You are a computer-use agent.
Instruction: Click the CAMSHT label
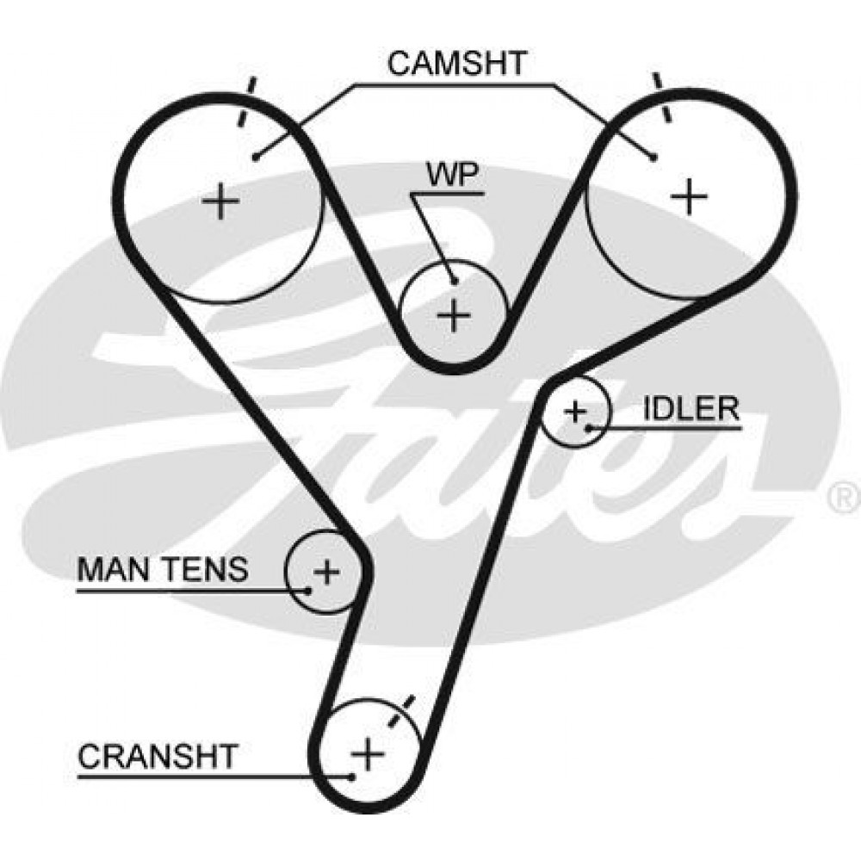click(x=457, y=63)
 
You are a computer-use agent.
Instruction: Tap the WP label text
click(x=454, y=175)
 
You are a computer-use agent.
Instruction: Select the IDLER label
click(x=691, y=408)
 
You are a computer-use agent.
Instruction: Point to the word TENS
click(x=204, y=569)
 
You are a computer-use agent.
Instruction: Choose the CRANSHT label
click(x=158, y=756)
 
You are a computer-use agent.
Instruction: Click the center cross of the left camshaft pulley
click(x=220, y=201)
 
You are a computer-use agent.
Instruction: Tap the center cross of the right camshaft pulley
click(x=689, y=196)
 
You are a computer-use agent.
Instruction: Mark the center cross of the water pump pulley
click(x=454, y=315)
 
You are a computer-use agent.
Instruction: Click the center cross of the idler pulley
click(x=575, y=411)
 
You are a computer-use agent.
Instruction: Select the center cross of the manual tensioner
click(x=326, y=572)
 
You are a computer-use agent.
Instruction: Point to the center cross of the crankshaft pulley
click(x=368, y=753)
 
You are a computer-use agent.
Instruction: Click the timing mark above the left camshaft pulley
click(x=245, y=102)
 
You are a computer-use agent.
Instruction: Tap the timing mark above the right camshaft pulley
click(x=661, y=97)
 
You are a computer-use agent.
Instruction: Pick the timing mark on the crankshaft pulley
click(x=401, y=711)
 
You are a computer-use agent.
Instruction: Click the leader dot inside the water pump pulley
click(x=454, y=282)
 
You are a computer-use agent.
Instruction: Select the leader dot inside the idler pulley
click(x=589, y=427)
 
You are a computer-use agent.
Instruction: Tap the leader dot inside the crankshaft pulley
click(x=351, y=777)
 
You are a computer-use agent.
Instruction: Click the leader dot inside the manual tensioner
click(x=308, y=591)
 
